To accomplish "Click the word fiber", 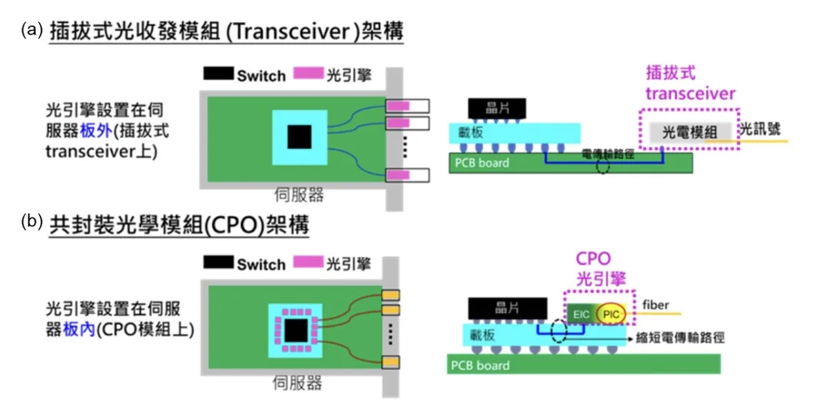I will (654, 304).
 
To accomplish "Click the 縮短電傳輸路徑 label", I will (680, 338).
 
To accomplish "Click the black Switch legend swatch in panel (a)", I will (218, 74).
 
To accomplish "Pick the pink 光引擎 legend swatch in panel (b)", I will (308, 263).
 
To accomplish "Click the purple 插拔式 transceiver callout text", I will (690, 83).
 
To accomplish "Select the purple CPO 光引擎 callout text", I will (593, 269).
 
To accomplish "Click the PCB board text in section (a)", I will (482, 163).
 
